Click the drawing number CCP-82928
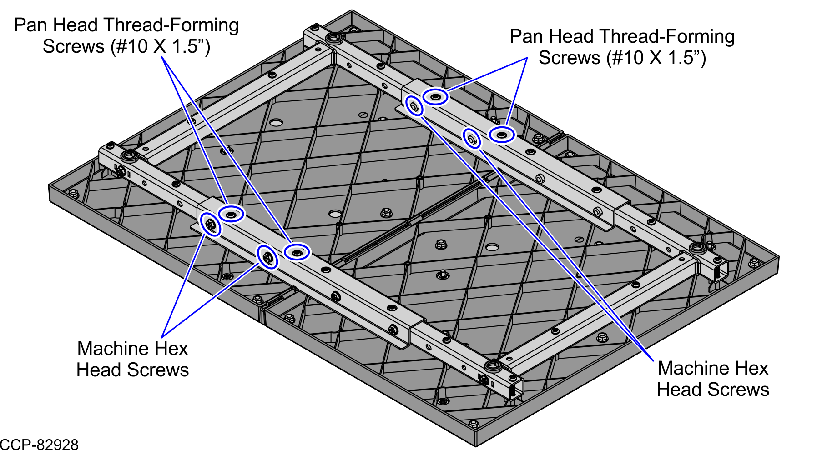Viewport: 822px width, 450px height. (x=39, y=444)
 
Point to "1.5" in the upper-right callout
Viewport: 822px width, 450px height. (x=680, y=58)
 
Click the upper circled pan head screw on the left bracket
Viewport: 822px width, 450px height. (x=232, y=214)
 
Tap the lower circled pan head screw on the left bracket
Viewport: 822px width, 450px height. (x=297, y=251)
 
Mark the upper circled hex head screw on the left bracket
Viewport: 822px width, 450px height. (x=211, y=224)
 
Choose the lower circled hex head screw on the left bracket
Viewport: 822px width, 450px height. (x=267, y=257)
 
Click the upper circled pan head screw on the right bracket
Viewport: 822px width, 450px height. (x=435, y=96)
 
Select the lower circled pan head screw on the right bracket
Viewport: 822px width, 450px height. (x=502, y=135)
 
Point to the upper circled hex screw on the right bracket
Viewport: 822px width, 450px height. (x=414, y=106)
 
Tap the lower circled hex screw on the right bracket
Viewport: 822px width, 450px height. (x=472, y=138)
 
